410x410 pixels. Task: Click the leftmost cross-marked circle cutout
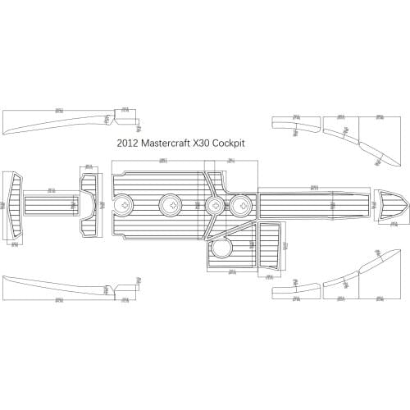[125, 203]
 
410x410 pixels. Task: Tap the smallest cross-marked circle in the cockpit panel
[215, 204]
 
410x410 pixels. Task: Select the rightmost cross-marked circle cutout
[241, 203]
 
